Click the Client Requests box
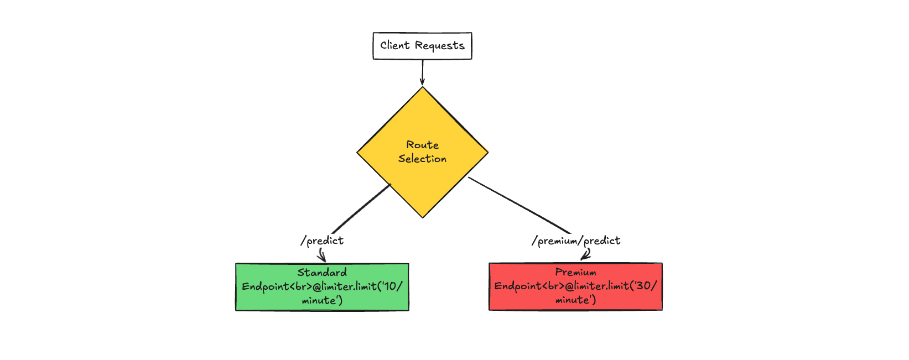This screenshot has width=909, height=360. (x=422, y=46)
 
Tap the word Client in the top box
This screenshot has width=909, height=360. (x=394, y=45)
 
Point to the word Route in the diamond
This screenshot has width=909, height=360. (x=422, y=145)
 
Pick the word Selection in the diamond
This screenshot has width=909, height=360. (x=422, y=159)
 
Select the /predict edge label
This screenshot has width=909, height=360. (x=322, y=241)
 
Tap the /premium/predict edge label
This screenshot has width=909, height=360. (x=576, y=241)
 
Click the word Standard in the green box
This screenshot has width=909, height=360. (x=322, y=273)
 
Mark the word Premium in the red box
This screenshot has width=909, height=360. (x=575, y=272)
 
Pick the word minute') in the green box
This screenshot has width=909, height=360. (x=322, y=301)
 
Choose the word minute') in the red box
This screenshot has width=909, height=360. (x=575, y=300)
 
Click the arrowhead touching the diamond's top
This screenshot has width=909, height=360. (x=422, y=83)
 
